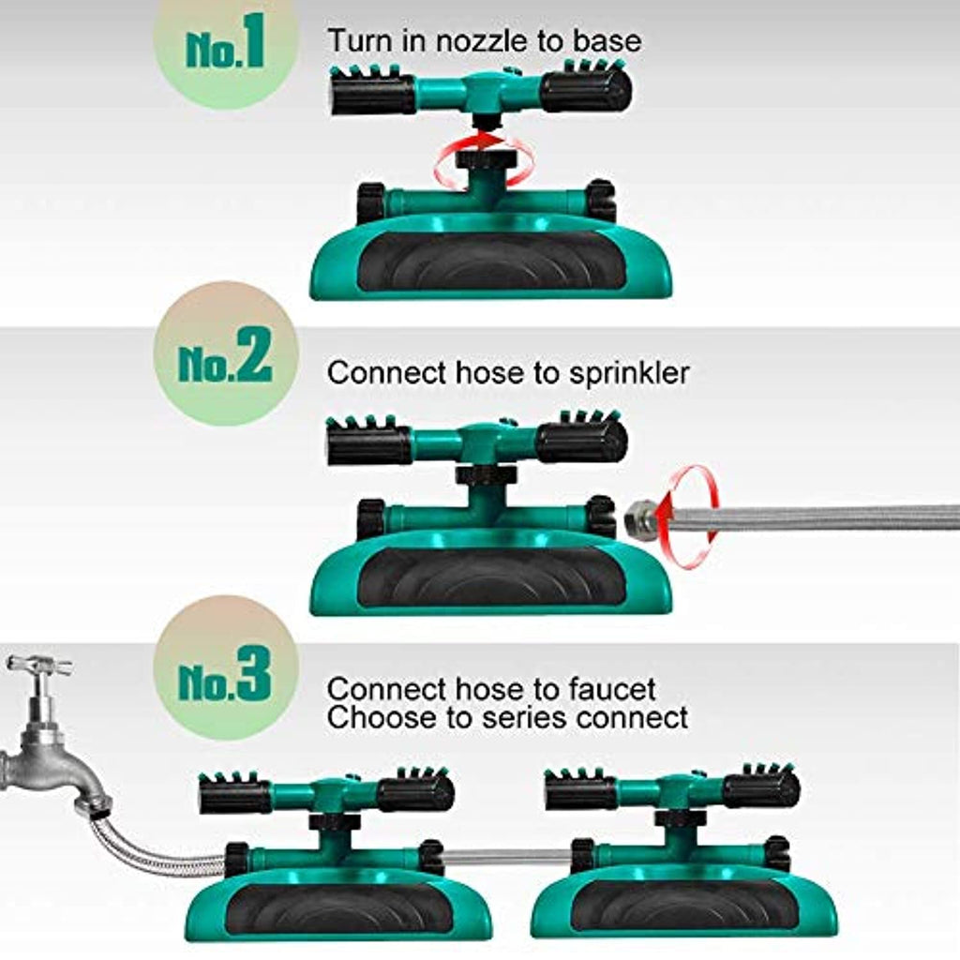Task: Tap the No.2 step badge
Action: pos(226,354)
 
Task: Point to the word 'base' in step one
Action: pos(607,41)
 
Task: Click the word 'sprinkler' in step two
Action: pos(629,373)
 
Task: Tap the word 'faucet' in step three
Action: pos(612,689)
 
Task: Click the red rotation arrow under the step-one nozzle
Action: pos(484,160)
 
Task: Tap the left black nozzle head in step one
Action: pos(371,91)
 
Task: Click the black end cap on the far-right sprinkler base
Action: pos(777,854)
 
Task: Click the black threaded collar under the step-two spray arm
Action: pos(487,475)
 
